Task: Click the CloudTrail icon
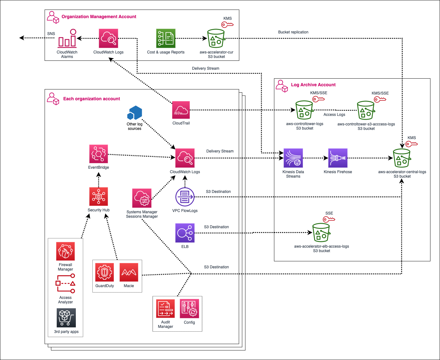[x=181, y=110]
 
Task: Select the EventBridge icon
[x=98, y=154]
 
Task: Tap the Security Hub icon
[x=98, y=196]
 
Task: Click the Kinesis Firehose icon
[x=338, y=158]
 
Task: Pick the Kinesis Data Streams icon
[x=293, y=158]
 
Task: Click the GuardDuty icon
[x=105, y=272]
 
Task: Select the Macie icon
[x=129, y=272]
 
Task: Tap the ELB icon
[x=185, y=233]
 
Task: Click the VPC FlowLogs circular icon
[x=185, y=197]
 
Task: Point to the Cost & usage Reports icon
[x=166, y=39]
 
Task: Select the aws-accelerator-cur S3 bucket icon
[x=216, y=39]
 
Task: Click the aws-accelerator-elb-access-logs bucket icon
[x=321, y=233]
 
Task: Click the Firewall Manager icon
[x=65, y=251]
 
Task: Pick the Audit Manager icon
[x=165, y=309]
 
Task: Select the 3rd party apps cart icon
[x=66, y=318]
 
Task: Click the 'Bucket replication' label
[x=293, y=32]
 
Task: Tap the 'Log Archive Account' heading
[x=313, y=85]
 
